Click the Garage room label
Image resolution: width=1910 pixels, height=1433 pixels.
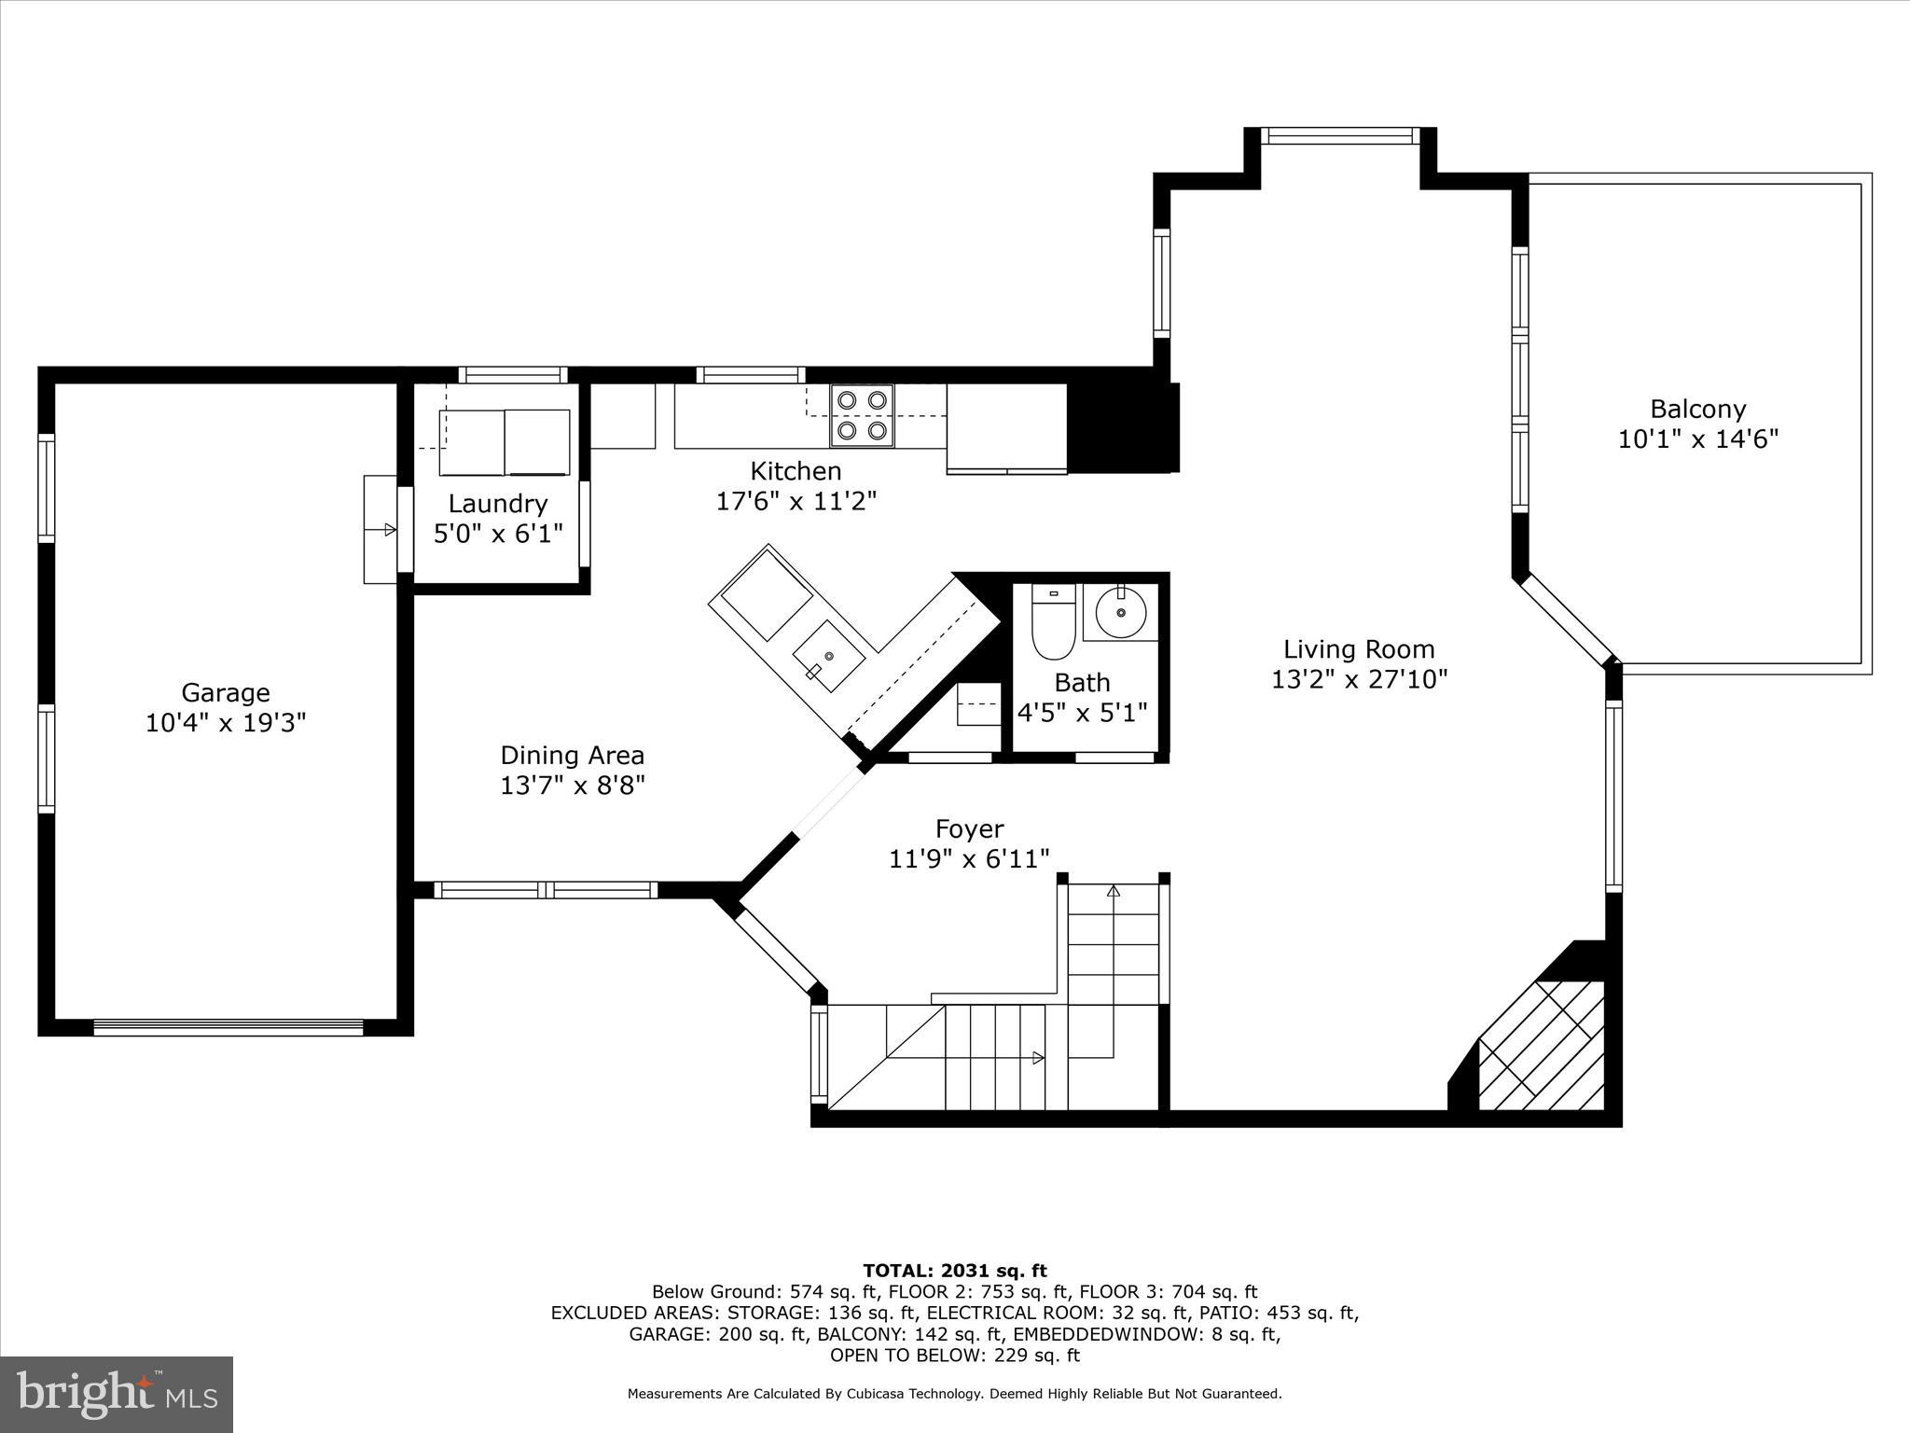pyautogui.click(x=225, y=692)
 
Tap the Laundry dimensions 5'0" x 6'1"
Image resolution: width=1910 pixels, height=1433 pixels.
pyautogui.click(x=498, y=534)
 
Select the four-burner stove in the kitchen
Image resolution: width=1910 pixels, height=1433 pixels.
pyautogui.click(x=862, y=415)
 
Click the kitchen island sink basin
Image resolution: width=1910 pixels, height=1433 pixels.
pyautogui.click(x=828, y=658)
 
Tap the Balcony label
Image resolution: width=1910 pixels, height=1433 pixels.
pyautogui.click(x=1697, y=409)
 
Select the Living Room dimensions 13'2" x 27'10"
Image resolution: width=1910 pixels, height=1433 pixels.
pyautogui.click(x=1359, y=679)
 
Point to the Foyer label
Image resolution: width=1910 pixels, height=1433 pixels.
pyautogui.click(x=969, y=828)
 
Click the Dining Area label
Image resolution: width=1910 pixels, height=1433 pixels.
pyautogui.click(x=572, y=755)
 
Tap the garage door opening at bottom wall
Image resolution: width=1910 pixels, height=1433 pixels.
pyautogui.click(x=228, y=1027)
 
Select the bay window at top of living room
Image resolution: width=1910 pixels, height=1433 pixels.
pyautogui.click(x=1340, y=136)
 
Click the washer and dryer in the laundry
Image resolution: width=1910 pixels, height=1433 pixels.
pyautogui.click(x=504, y=441)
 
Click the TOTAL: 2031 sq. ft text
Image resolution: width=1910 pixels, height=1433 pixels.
pyautogui.click(x=954, y=1270)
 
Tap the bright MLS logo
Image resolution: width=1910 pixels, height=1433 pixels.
pyautogui.click(x=117, y=1394)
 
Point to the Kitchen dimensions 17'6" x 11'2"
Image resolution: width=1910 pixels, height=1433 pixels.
pyautogui.click(x=796, y=501)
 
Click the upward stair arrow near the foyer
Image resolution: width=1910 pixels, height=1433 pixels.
pyautogui.click(x=1113, y=891)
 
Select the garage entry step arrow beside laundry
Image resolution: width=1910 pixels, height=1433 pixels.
pyautogui.click(x=389, y=530)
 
